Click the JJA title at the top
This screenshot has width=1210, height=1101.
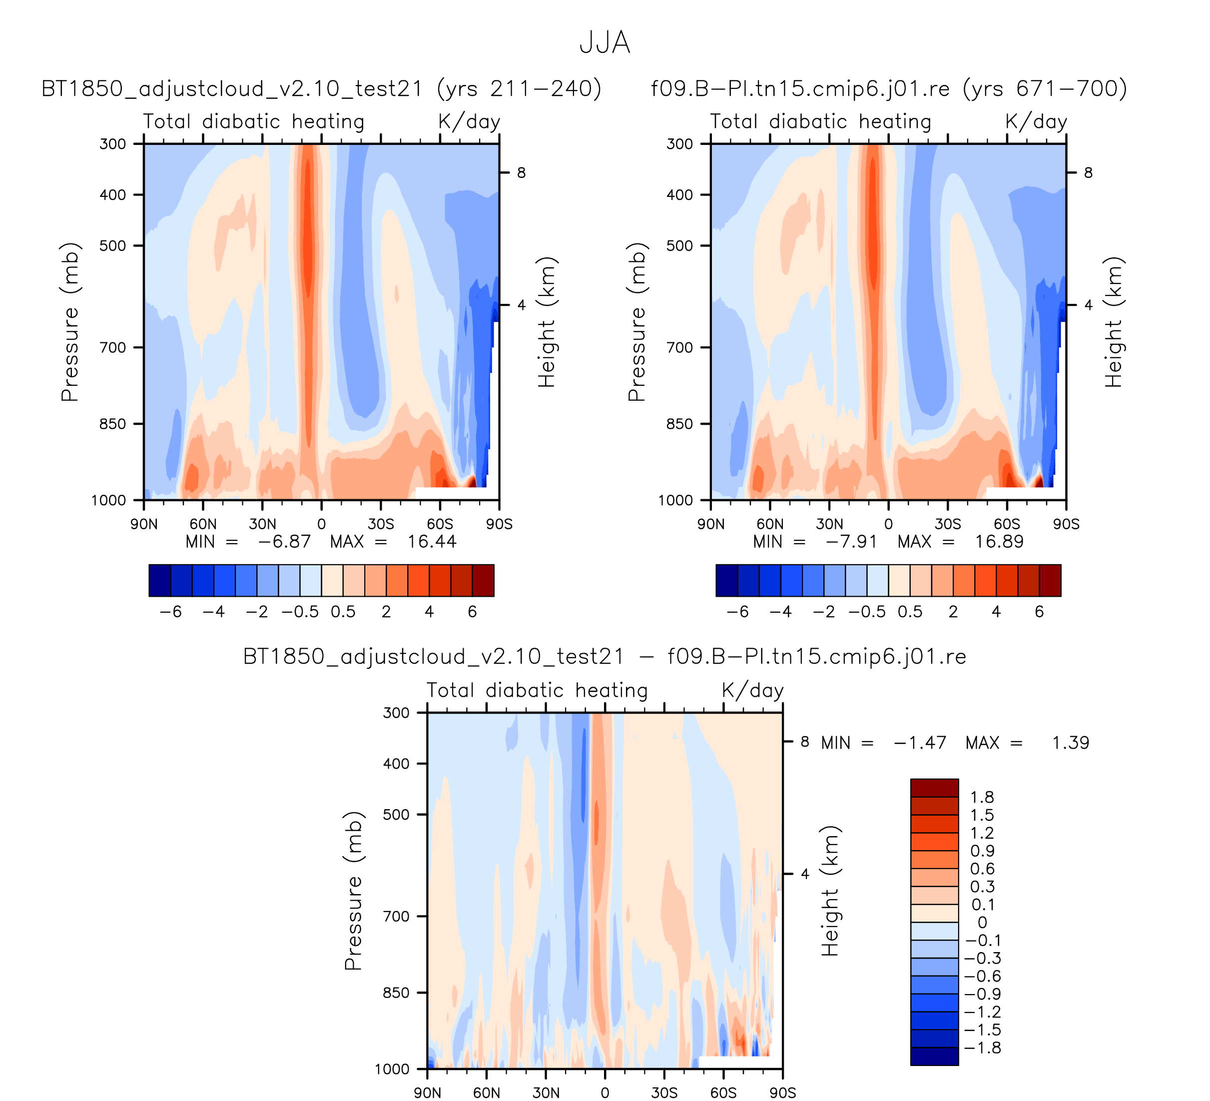point(605,43)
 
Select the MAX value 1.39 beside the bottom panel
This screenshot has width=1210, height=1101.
point(1070,743)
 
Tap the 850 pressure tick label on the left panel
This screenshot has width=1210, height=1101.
point(113,424)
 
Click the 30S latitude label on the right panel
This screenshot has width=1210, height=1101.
point(947,524)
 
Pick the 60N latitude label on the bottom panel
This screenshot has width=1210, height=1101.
point(486,1093)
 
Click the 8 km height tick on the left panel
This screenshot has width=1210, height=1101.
point(521,173)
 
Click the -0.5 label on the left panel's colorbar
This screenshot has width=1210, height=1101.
point(300,612)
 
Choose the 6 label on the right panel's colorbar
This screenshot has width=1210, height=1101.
point(1040,612)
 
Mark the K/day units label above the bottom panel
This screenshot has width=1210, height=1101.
point(753,690)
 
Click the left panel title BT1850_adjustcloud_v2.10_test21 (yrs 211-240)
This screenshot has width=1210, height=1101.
point(321,89)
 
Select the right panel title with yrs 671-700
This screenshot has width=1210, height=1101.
point(889,89)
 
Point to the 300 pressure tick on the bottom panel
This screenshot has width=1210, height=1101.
point(396,713)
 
